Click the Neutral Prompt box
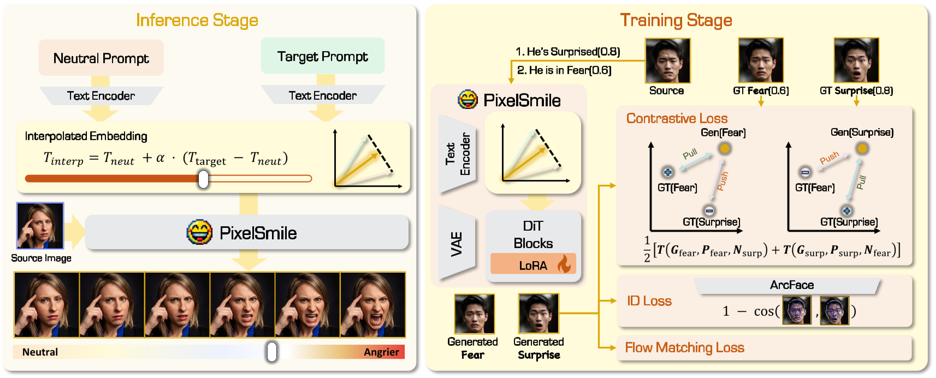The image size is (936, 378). point(101,58)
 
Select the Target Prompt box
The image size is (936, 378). point(322,56)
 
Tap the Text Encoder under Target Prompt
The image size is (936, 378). point(323,95)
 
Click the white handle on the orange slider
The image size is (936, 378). point(203,179)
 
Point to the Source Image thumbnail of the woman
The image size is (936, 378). point(40,226)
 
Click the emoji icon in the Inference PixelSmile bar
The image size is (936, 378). point(199,233)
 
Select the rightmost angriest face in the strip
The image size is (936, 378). point(373,305)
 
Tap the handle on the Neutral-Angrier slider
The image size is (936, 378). point(271,352)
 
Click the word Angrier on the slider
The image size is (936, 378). point(381,352)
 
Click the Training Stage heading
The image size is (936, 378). point(676,20)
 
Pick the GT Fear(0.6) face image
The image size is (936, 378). point(761,60)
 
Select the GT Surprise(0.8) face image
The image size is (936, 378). point(856,60)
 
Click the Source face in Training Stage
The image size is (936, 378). point(667,60)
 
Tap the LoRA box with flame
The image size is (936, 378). point(534,265)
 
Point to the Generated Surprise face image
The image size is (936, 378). point(538,314)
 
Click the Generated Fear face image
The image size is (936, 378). point(474,314)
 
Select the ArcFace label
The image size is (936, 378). point(791,285)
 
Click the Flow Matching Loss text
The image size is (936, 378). point(684,347)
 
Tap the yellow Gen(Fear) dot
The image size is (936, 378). point(724,148)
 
